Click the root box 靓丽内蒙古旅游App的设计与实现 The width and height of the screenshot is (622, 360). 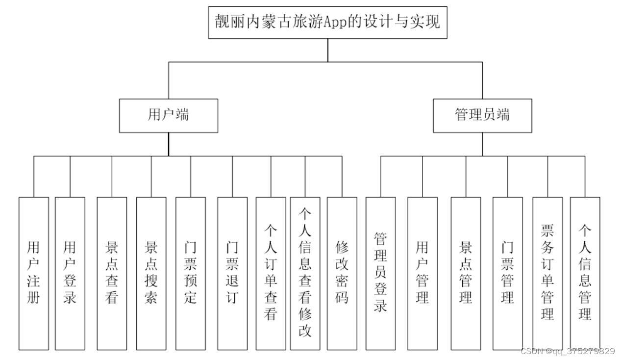tap(328, 22)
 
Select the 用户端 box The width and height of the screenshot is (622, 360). tap(169, 115)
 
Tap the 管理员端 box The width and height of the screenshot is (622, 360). tap(482, 115)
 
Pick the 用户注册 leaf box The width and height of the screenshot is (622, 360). tap(34, 273)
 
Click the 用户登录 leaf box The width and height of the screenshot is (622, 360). tap(70, 273)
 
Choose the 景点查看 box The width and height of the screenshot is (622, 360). tap(112, 273)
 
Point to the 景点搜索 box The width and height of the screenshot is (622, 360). tap(151, 273)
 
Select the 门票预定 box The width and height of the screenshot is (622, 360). tap(190, 273)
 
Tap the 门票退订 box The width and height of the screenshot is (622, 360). tap(232, 273)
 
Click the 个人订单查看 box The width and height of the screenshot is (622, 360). tap(271, 273)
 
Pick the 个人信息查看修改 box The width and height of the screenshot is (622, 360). tap(305, 273)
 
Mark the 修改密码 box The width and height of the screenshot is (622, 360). tap(342, 273)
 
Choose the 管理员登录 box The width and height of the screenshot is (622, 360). tap(380, 273)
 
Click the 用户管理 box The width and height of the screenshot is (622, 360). tap(422, 273)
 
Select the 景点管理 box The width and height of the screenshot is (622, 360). tap(466, 273)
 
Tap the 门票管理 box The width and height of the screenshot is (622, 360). tap(507, 273)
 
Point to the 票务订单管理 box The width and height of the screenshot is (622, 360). tap(547, 273)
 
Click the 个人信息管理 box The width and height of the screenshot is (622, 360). tap(585, 273)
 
